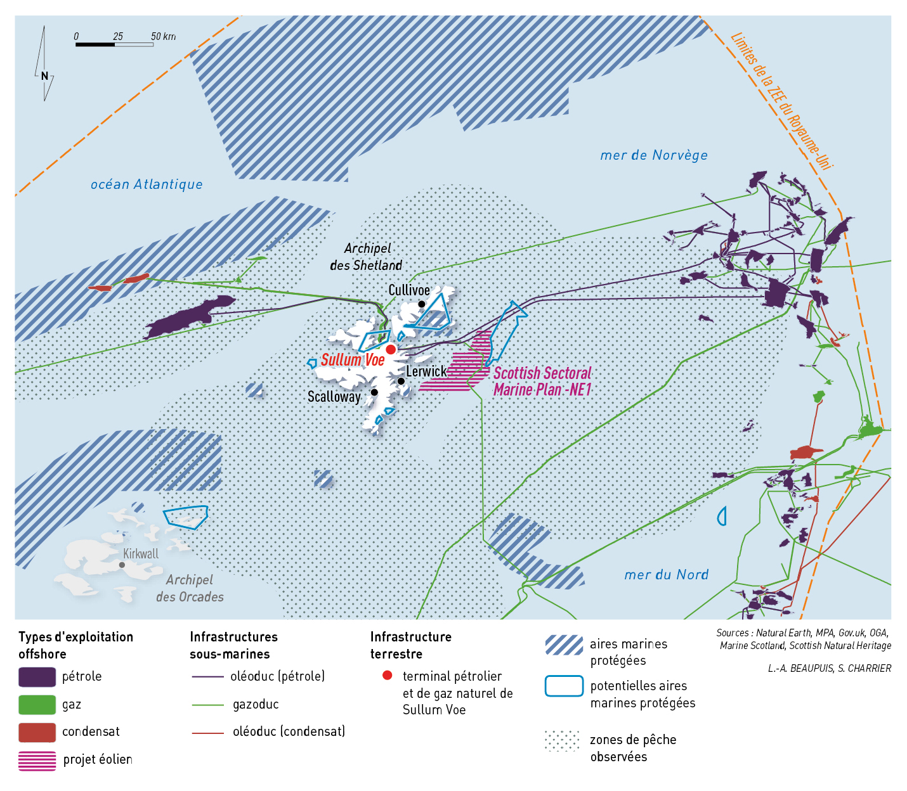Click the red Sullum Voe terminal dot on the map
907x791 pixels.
coord(391,349)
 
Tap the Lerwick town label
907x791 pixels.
coord(426,371)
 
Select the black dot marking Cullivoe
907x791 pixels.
coord(421,304)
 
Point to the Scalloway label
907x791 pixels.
coord(334,397)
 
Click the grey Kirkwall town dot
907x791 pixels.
coord(122,565)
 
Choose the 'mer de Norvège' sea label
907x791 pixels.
coord(654,155)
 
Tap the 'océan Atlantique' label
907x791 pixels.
coord(147,184)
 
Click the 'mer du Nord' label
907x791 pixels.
coord(666,575)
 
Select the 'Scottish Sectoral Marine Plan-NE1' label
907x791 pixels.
coord(542,382)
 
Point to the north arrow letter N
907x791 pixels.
coord(44,76)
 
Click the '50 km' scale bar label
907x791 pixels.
coord(163,37)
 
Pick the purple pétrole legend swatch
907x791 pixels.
coord(37,677)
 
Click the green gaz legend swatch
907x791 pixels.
coord(37,705)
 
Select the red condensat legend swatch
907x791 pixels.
coord(37,732)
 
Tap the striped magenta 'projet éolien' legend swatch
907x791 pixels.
coord(37,760)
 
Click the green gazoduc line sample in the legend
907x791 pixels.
coord(208,705)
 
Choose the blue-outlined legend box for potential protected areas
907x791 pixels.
coord(564,686)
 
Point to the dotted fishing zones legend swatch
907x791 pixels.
coord(563,740)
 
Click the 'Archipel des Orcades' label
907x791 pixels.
coord(190,588)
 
